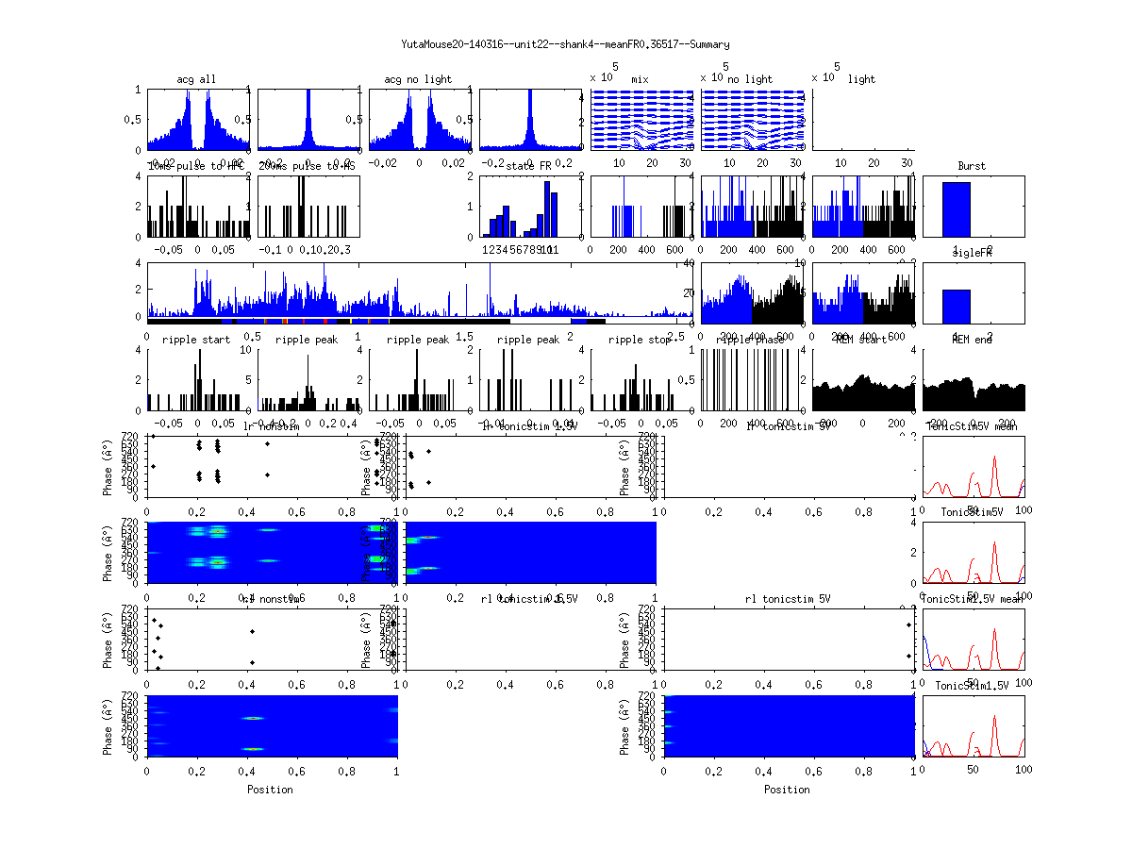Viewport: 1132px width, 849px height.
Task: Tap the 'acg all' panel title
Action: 196,79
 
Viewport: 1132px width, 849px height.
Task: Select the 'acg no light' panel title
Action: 418,79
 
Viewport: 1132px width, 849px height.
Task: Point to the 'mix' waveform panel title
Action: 641,79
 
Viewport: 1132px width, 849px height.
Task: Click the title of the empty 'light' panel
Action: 861,79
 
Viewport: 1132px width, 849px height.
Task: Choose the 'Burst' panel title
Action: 972,166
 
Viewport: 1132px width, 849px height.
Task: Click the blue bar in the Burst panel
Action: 956,209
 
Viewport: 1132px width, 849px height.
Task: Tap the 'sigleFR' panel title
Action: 972,254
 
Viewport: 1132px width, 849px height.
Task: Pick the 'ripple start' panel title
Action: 196,340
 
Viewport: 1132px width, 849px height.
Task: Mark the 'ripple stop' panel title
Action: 641,340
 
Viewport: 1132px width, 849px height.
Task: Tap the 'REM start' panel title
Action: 861,340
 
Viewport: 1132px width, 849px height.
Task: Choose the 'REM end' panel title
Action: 972,340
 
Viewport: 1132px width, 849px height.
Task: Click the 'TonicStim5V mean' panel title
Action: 972,426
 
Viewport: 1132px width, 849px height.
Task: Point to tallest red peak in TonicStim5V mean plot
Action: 994,458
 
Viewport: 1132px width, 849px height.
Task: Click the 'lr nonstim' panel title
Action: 272,426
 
